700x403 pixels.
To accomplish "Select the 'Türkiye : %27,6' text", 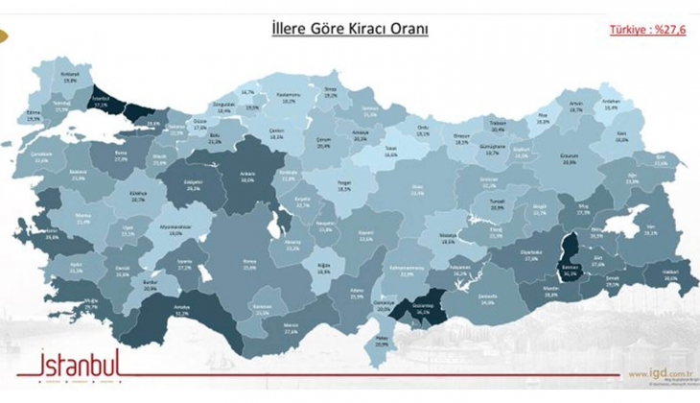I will point(648,31).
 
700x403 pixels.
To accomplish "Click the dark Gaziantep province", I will point(425,309).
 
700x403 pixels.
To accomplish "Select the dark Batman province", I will point(572,271).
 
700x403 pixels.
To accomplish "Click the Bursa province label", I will point(121,154).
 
